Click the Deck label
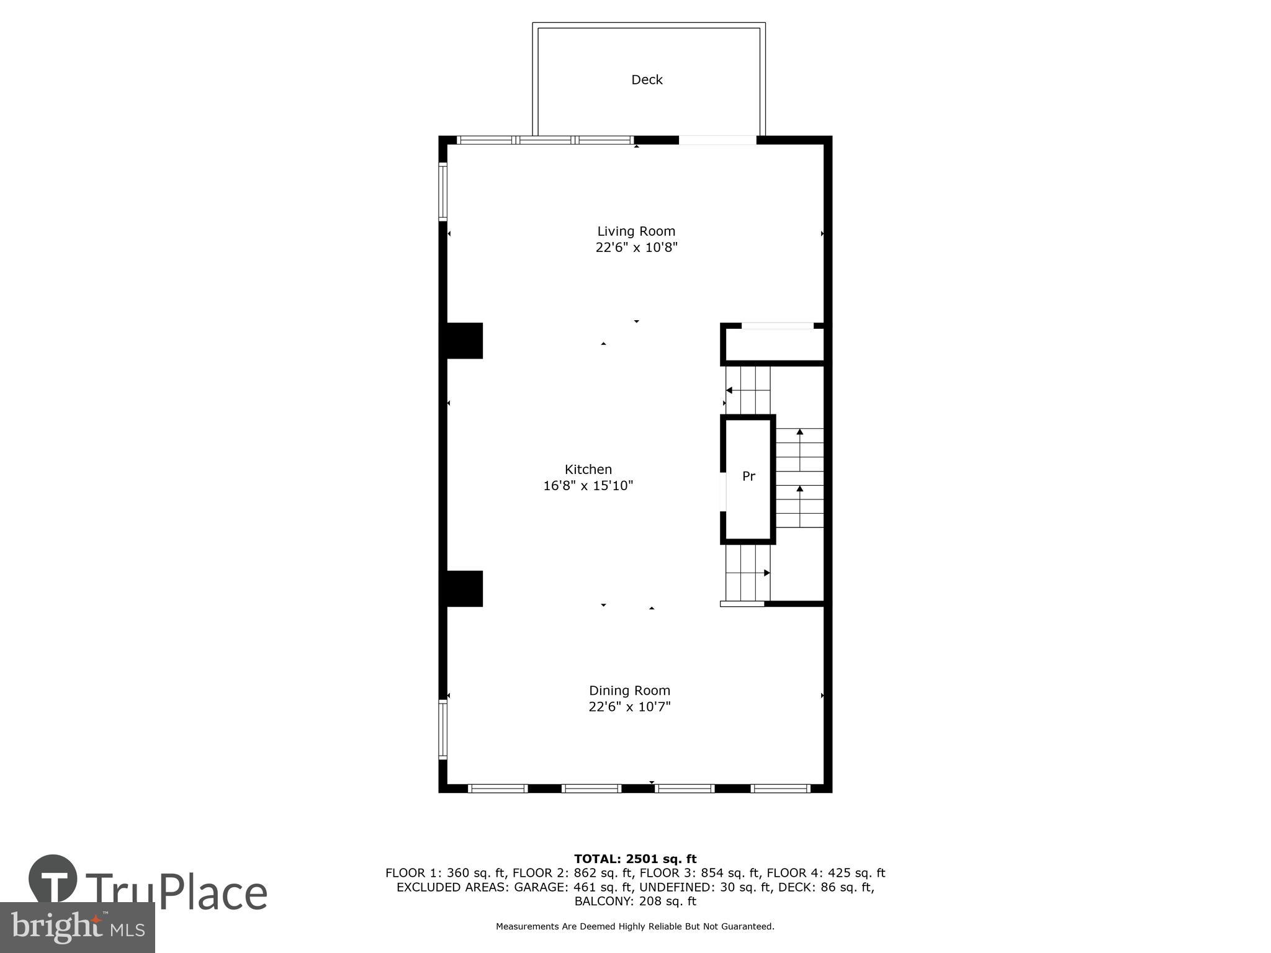pos(647,80)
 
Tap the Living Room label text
pos(636,231)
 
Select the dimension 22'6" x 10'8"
pos(636,248)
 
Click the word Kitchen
pos(588,470)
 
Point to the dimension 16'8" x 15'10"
pos(588,486)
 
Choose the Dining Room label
pos(629,691)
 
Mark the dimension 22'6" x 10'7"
pos(629,707)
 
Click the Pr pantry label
pos(748,476)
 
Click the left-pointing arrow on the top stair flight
pos(730,390)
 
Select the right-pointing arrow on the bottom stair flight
pos(766,573)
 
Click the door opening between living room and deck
pos(717,140)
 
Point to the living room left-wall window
pos(443,192)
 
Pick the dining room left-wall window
pos(443,730)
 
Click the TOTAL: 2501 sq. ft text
pos(635,859)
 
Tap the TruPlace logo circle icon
pos(53,879)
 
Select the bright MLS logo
pos(77,927)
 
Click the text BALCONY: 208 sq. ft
pos(635,902)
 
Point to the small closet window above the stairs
pos(778,326)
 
